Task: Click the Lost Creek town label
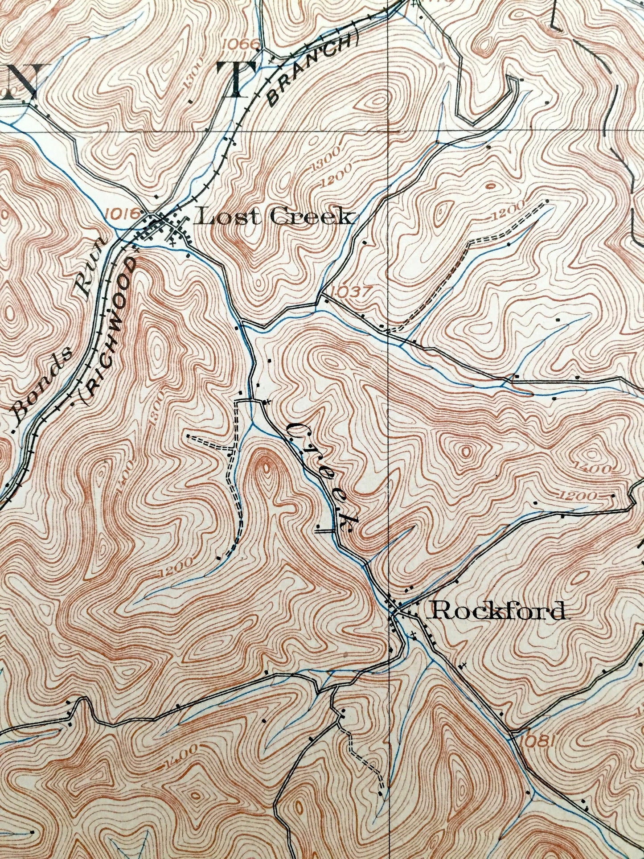(x=276, y=217)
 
